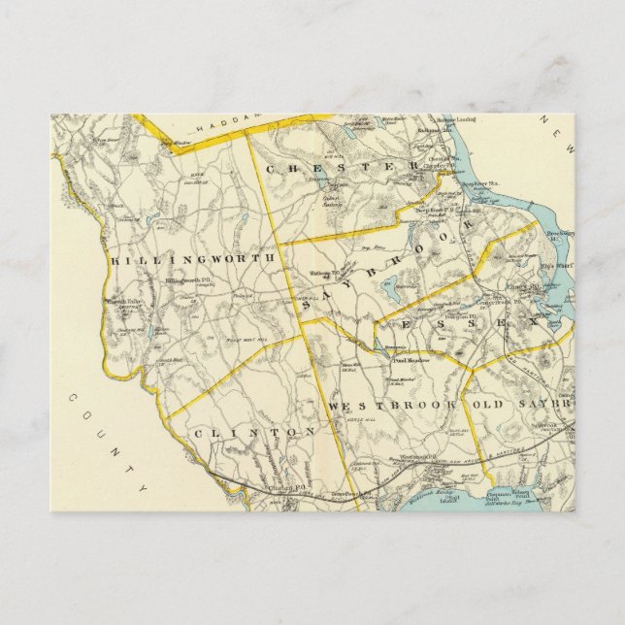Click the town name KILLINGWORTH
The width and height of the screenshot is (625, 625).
[x=193, y=259]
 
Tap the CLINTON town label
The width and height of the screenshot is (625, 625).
[x=253, y=430]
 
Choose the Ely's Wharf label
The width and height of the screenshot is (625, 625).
[x=559, y=264]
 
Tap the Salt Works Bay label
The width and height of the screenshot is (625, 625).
[x=544, y=502]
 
